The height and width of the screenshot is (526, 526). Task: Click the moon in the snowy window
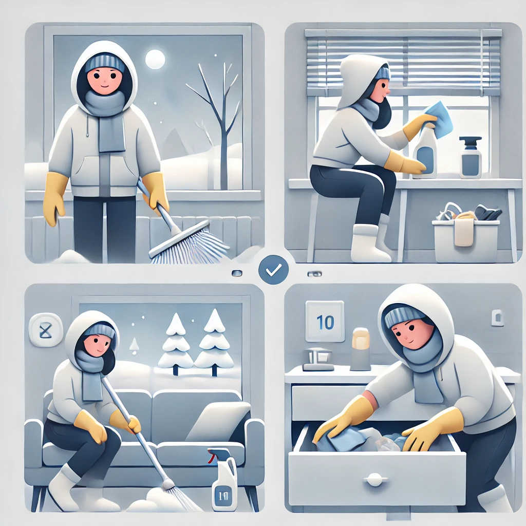(155, 60)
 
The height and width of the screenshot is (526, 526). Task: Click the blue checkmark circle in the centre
(273, 270)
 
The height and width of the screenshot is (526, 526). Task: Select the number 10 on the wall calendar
(325, 322)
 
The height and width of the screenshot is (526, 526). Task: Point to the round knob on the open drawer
(374, 479)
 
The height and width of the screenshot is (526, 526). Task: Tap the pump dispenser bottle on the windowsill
(471, 157)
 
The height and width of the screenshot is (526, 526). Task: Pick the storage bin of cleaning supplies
(466, 232)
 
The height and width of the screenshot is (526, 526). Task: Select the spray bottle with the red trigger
(223, 479)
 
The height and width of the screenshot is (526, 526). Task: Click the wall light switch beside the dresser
(497, 317)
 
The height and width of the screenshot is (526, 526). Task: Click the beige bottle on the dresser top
(361, 349)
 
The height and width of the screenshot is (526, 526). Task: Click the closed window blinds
(404, 62)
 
